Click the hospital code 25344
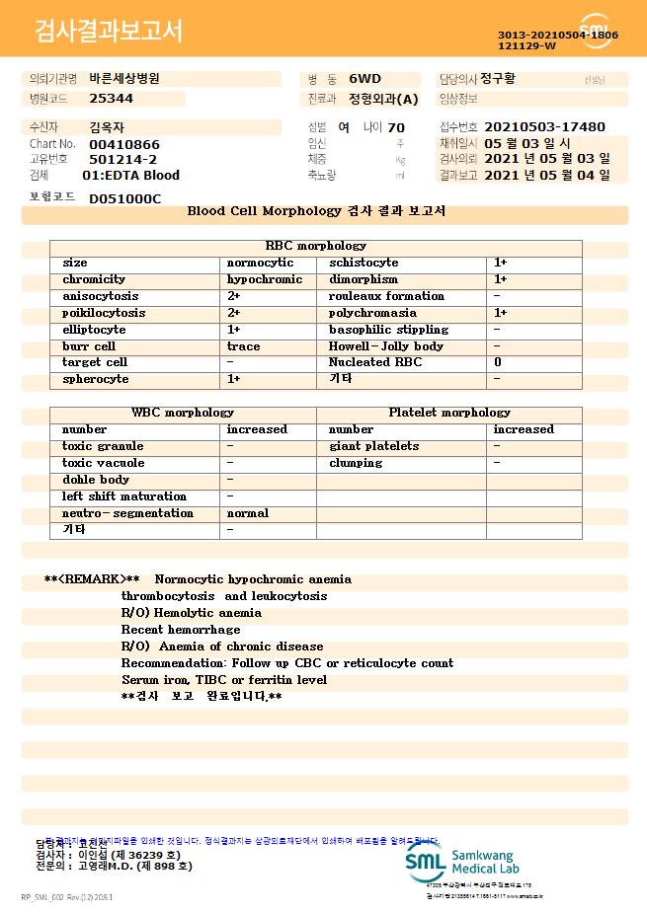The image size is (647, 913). coord(111,99)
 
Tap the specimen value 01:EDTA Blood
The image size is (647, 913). coord(130,175)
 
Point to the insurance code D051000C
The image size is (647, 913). coord(124,198)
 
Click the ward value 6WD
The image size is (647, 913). coord(364,78)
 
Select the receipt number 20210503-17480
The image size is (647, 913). coord(544,127)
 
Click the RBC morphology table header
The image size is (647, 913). coord(315,246)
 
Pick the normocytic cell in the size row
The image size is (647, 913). coord(260,263)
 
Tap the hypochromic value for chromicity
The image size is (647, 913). coord(264,279)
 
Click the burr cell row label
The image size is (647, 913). coord(89,346)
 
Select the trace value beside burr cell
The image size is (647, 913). coord(243,346)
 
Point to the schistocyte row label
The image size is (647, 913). coord(363,263)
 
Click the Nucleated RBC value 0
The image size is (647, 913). coord(497,362)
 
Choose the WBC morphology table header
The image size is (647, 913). coord(183,413)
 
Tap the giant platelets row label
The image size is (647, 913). coord(373,446)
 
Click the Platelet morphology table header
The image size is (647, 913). coord(449,413)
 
